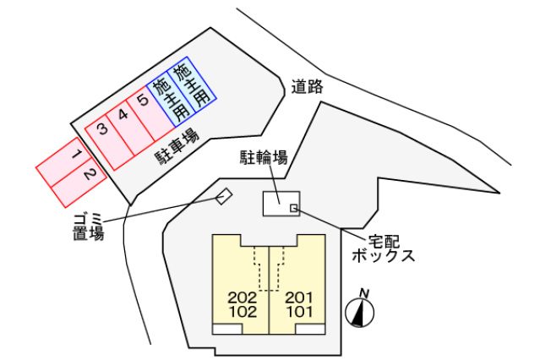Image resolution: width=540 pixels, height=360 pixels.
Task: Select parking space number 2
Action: [91, 177]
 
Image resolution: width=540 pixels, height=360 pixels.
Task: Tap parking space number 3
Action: [102, 129]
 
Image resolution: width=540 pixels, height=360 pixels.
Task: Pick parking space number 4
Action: [123, 116]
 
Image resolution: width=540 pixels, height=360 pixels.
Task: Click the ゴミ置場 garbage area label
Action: [88, 227]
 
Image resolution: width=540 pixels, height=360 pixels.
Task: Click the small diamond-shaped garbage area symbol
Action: [223, 197]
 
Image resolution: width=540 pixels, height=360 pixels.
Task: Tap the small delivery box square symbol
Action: [293, 208]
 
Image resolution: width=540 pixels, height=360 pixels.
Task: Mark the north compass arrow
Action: [362, 314]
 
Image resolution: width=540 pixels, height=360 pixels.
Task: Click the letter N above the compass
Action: [364, 292]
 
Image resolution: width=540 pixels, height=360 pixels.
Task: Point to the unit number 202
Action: [243, 297]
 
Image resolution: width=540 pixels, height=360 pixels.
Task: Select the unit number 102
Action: [243, 312]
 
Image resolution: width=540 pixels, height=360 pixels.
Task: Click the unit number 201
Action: [297, 297]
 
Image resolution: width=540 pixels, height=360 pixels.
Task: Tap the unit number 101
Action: [297, 312]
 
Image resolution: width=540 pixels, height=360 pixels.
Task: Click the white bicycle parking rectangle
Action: [277, 204]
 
